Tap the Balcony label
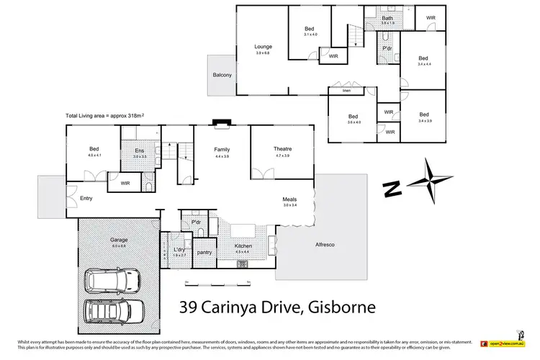(x=222, y=74)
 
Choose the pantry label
(x=204, y=252)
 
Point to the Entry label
(x=86, y=198)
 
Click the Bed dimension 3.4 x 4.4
(x=423, y=64)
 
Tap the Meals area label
(x=289, y=199)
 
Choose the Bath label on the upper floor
(x=387, y=18)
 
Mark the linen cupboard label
(x=346, y=91)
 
